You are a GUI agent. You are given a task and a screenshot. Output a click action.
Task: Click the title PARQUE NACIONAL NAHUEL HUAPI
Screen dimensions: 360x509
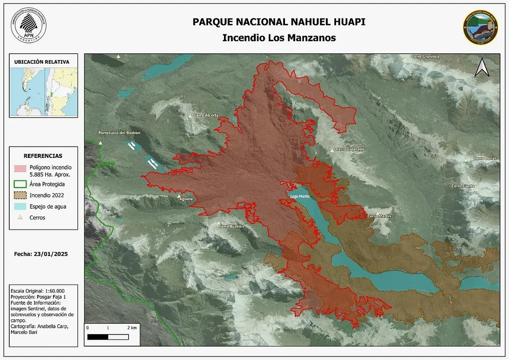(278, 22)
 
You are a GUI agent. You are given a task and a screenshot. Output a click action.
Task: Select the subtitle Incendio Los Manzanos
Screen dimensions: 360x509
(278, 38)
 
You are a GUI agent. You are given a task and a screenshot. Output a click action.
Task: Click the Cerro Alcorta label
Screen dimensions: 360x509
(206, 116)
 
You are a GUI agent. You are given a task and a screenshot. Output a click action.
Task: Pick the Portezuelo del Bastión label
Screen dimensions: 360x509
(119, 133)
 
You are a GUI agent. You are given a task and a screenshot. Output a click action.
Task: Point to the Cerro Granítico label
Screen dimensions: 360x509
(425, 57)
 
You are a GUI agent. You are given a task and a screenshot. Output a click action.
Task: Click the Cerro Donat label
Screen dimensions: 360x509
(485, 158)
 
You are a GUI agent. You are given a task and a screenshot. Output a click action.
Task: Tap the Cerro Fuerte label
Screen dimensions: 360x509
(463, 186)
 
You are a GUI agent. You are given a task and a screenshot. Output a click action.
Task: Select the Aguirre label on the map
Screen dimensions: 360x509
(186, 199)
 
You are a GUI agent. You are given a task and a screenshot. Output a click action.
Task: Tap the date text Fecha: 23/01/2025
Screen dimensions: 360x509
(41, 254)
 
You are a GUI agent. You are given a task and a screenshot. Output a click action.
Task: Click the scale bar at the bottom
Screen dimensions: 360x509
(107, 337)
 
